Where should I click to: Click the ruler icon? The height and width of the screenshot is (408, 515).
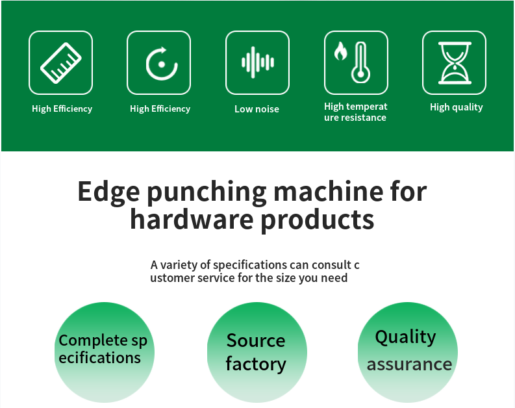click(x=61, y=63)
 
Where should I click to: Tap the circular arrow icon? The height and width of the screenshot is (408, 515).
click(x=162, y=64)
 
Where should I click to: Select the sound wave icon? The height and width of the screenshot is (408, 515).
click(x=257, y=62)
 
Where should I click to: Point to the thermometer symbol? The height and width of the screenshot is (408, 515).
click(x=360, y=62)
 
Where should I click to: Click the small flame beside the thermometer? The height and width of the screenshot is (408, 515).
click(x=340, y=51)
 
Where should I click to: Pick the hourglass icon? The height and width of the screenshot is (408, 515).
click(x=455, y=63)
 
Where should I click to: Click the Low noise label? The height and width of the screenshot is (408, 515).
click(x=257, y=109)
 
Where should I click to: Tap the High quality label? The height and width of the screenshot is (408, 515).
click(x=456, y=107)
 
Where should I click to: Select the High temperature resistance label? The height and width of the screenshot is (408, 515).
click(x=356, y=112)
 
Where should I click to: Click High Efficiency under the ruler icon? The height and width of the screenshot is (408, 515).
click(x=62, y=108)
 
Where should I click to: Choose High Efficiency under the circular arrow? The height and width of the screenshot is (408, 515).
click(x=160, y=108)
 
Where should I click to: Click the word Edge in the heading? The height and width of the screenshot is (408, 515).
click(x=108, y=192)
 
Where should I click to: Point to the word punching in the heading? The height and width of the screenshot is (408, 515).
click(x=207, y=192)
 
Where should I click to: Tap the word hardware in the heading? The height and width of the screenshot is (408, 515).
click(x=192, y=219)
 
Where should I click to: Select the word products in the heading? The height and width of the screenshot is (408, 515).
click(x=318, y=220)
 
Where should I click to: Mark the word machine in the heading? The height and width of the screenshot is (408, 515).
click(x=329, y=191)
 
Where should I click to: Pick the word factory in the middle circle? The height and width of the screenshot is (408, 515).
click(x=256, y=364)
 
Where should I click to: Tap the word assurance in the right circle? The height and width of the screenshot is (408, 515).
click(x=409, y=364)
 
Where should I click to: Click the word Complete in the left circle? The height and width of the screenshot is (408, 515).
click(x=94, y=340)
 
